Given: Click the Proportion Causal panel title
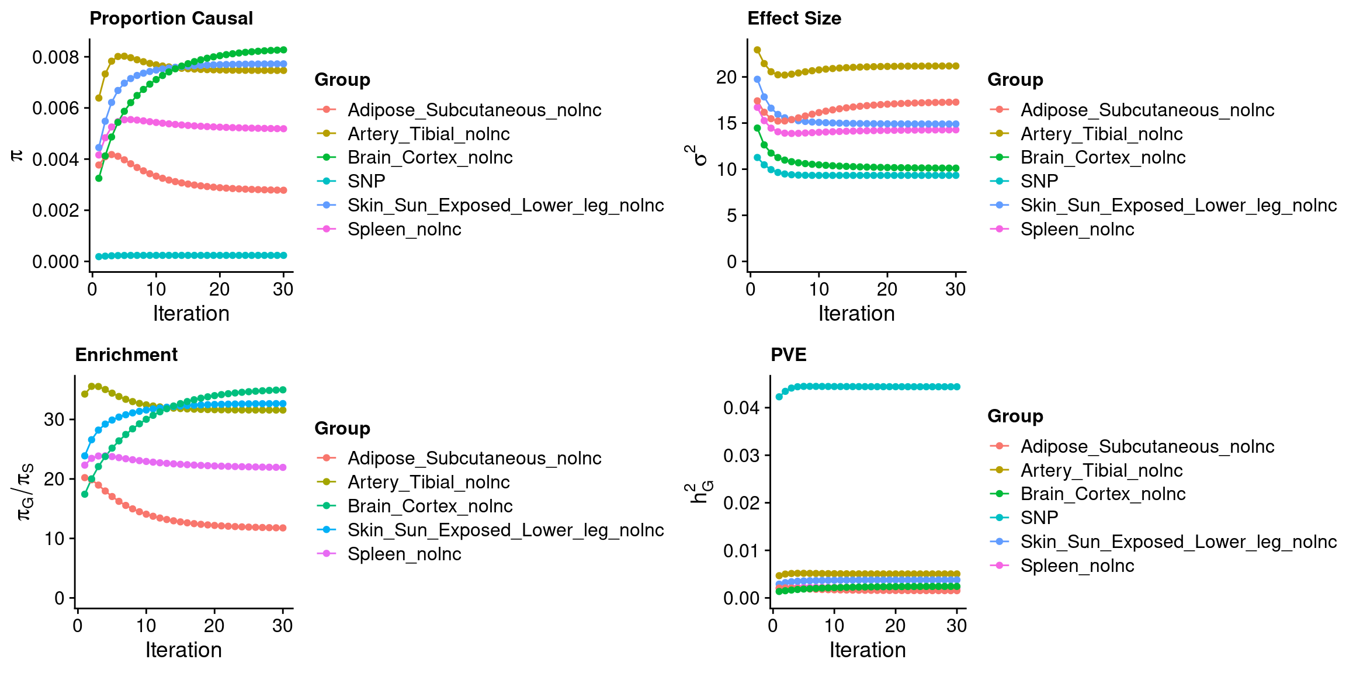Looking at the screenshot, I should [171, 19].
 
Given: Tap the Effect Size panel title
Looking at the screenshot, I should [794, 19].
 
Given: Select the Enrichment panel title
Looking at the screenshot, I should [126, 355].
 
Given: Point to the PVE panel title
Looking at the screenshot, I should [788, 355].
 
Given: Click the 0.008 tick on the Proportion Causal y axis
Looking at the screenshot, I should [55, 57].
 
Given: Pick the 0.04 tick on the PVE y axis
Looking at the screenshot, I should [741, 408].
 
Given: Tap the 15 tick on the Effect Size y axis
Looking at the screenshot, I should [727, 123].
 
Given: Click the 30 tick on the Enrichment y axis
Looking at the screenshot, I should [54, 419].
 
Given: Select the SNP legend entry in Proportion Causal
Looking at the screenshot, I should [366, 182].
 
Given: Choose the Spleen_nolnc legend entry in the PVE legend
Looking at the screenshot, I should [1077, 566].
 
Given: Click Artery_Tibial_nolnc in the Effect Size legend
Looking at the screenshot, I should [1101, 134].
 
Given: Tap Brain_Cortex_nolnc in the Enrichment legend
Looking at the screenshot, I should [430, 506].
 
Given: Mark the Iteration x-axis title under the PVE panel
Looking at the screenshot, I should [868, 650].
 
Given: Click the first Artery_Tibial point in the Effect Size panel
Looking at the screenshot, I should [757, 50].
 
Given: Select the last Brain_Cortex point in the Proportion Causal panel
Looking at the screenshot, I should [283, 50].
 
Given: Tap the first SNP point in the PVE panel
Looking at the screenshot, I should [779, 397].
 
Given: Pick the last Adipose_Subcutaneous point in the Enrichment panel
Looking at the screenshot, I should [283, 528].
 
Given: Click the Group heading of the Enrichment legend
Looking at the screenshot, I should [342, 428].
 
